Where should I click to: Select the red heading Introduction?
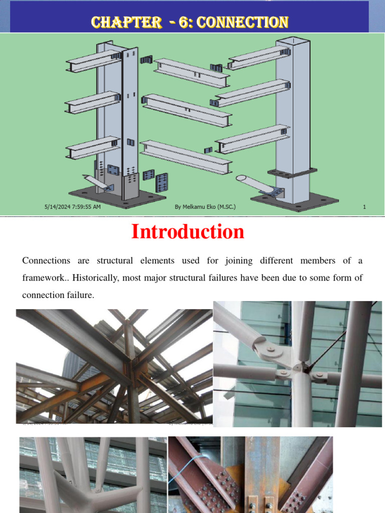187,232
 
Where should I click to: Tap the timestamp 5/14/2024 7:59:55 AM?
72,206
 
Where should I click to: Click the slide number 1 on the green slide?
364,206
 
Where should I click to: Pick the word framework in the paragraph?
41,278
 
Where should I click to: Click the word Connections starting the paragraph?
46,261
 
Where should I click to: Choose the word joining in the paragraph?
232,261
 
